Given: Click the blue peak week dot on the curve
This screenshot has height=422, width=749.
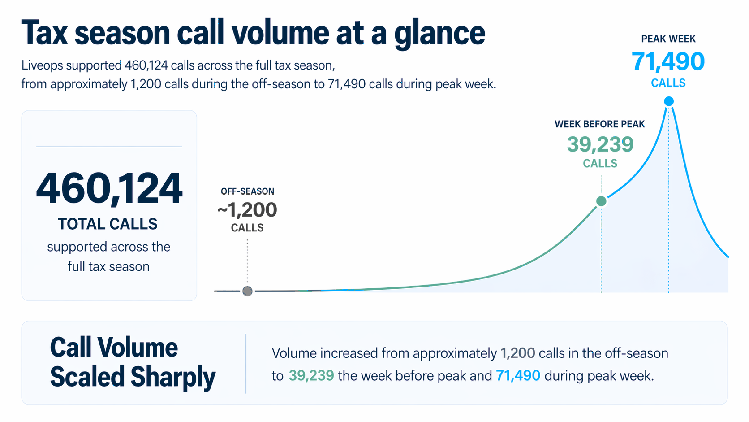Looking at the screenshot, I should point(668,101).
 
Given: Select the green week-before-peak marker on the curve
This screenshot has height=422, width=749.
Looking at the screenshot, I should point(601,201).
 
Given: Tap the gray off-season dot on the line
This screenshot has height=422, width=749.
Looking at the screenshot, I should point(247,291).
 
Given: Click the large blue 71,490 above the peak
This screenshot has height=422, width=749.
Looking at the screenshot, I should point(668,61).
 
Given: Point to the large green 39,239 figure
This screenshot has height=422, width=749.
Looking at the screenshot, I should point(600,144).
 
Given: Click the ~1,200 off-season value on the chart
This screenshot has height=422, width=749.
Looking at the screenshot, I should point(247,210).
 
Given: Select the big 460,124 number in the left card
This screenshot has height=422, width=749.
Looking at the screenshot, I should point(109,188).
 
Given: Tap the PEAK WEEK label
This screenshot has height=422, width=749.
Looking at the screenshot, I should point(668,39).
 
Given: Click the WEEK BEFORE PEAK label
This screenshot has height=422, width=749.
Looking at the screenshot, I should point(599,124).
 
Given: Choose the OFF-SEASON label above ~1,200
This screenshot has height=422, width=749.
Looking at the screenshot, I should point(247,191).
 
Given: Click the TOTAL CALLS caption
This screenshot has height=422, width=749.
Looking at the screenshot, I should point(108,224).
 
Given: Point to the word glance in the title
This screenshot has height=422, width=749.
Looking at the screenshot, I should point(439,33).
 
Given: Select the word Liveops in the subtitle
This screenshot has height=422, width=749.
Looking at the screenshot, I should point(42,65).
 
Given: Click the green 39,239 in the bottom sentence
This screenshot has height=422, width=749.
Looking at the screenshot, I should point(311,375).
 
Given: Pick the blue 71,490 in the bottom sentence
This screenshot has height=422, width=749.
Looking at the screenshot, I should point(518,375).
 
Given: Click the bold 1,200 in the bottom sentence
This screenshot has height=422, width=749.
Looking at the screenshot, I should point(517,353).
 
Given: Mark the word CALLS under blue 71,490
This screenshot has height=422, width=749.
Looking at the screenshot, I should point(668,83).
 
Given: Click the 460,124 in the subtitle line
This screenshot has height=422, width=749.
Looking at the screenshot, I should point(146,65).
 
